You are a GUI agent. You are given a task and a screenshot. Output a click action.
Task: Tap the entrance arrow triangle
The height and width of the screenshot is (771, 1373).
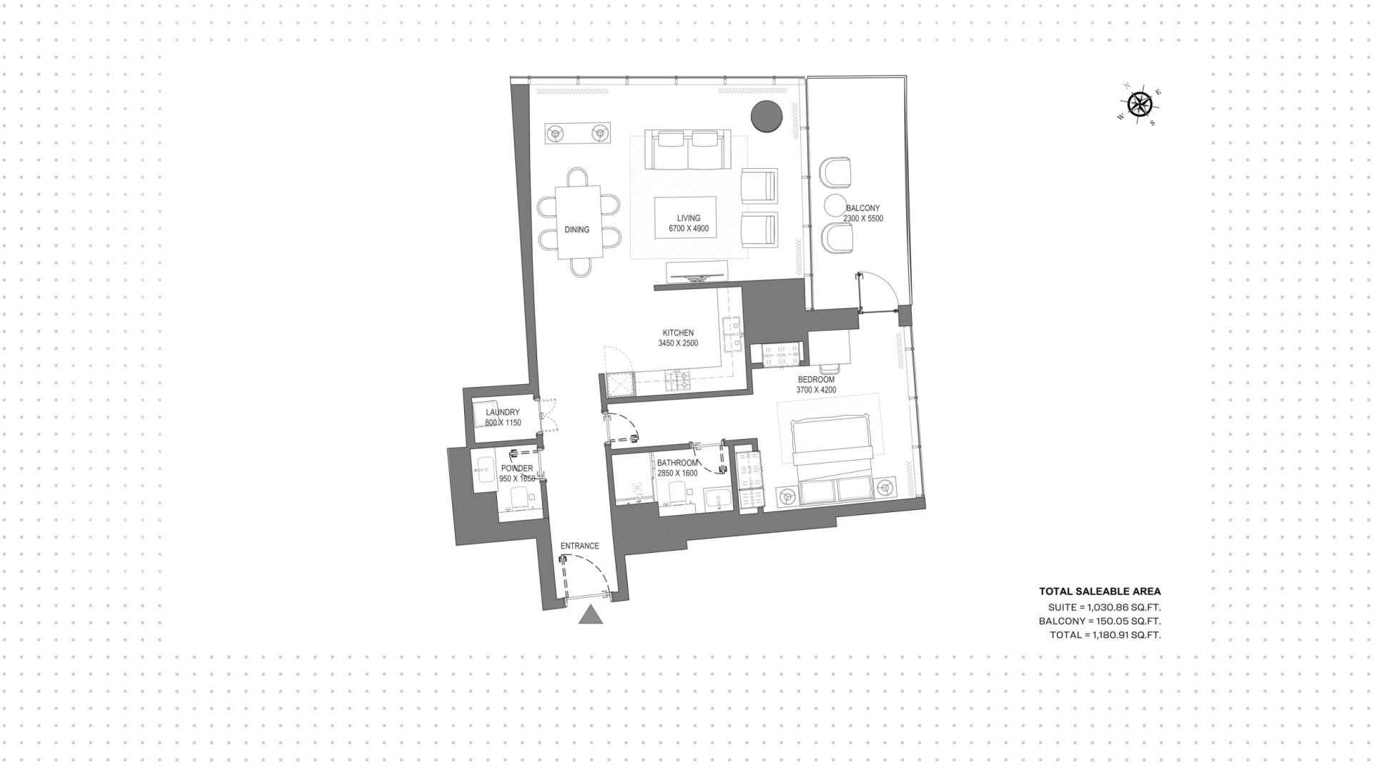[x=591, y=614]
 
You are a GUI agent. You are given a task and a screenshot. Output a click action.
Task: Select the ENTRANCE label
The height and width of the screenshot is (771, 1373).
[x=579, y=546]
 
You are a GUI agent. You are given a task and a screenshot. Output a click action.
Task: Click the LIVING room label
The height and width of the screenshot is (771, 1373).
[x=689, y=218]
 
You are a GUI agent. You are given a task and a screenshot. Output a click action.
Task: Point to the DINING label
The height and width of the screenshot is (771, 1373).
[x=577, y=230]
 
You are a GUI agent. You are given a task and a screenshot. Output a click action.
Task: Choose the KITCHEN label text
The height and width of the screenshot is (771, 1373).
[x=678, y=333]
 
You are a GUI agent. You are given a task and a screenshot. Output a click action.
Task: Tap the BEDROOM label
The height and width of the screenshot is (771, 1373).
[x=816, y=380]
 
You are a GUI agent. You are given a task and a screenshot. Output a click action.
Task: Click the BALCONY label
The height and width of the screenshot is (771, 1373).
[x=863, y=208]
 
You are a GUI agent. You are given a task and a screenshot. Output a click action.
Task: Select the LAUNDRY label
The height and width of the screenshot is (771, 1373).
[x=503, y=413]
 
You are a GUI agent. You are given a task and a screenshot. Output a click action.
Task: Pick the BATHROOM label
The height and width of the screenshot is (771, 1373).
[x=677, y=463]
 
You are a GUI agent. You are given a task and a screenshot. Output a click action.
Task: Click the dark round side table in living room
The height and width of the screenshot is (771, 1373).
[x=766, y=117]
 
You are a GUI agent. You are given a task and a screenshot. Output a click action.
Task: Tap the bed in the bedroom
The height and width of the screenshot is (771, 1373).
[x=833, y=458]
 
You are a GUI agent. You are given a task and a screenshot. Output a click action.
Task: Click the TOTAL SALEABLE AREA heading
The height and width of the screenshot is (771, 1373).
[x=1100, y=591]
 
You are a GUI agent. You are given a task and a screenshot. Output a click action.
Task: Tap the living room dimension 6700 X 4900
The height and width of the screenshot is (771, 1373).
[x=689, y=229]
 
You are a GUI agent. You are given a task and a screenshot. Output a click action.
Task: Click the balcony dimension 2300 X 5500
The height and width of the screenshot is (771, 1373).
[x=863, y=219]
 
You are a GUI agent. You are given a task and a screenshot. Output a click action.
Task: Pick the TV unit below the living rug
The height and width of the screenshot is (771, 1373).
[x=697, y=272]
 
